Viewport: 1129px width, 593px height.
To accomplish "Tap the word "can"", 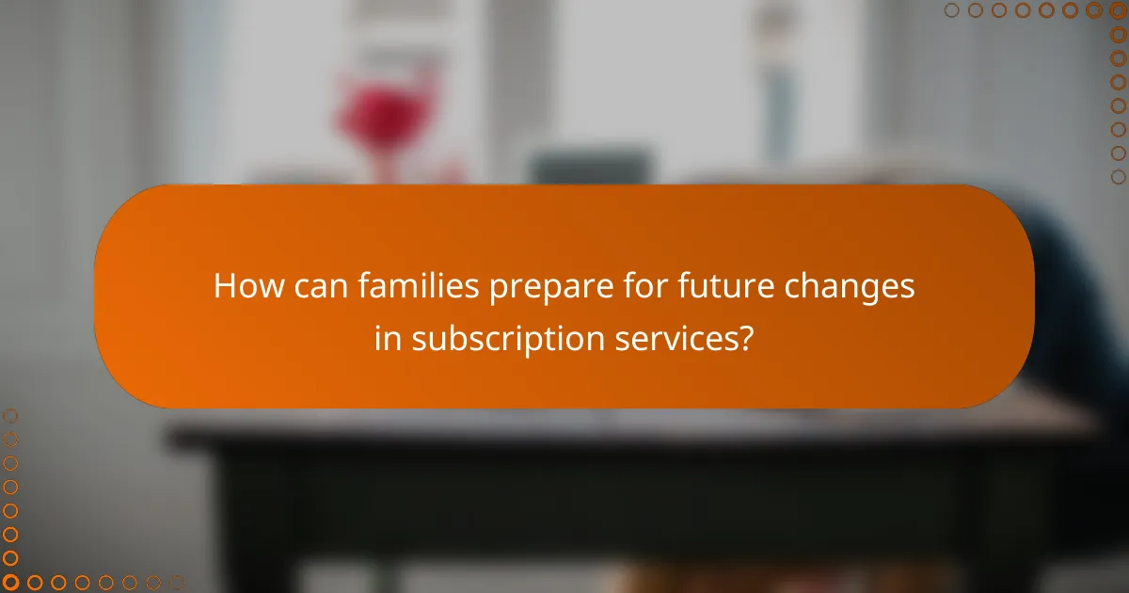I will click(322, 286).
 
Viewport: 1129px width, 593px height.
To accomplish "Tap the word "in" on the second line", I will click(387, 338).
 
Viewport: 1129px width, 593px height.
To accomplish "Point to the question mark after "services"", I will click(745, 338).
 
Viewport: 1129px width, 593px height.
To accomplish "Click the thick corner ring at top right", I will click(1119, 10).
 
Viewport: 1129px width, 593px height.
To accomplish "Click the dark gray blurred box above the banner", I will click(591, 166).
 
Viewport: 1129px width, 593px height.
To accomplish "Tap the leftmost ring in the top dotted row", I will click(952, 10).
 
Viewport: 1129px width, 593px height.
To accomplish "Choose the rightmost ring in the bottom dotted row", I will click(176, 583).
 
